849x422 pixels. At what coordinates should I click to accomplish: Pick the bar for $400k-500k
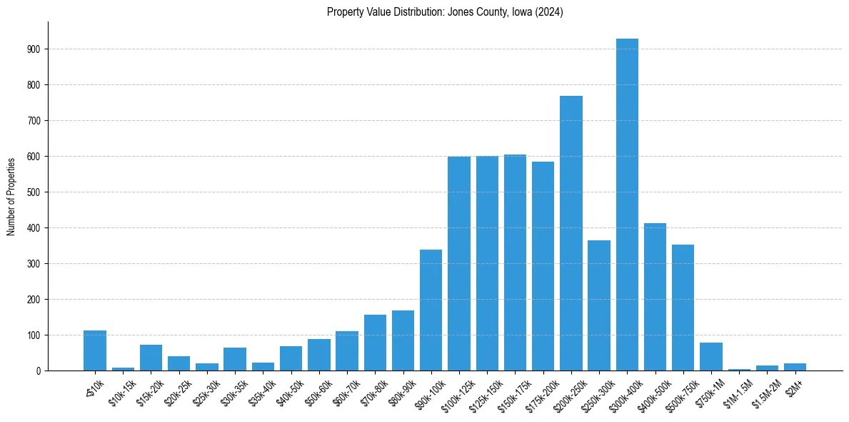(655, 297)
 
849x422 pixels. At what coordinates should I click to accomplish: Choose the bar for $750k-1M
(711, 356)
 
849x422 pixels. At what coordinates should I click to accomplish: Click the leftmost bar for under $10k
(95, 350)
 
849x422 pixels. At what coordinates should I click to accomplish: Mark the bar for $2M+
(795, 367)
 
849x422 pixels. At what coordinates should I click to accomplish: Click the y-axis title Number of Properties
(11, 196)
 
